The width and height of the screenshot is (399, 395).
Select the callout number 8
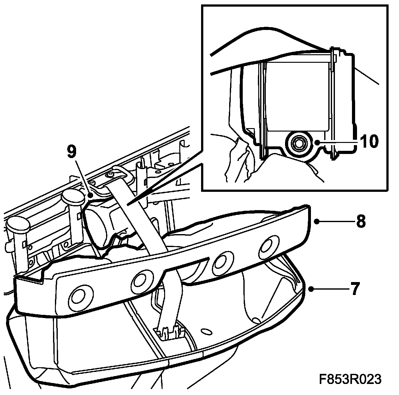(x=360, y=221)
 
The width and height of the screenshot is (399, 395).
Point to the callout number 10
(x=368, y=142)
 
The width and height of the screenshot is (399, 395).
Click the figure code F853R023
(x=350, y=379)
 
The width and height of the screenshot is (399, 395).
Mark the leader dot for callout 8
(x=318, y=221)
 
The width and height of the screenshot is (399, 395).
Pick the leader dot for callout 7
(x=311, y=289)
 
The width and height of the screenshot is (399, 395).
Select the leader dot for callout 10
(x=319, y=143)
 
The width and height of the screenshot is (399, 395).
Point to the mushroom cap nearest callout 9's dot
(x=73, y=197)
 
